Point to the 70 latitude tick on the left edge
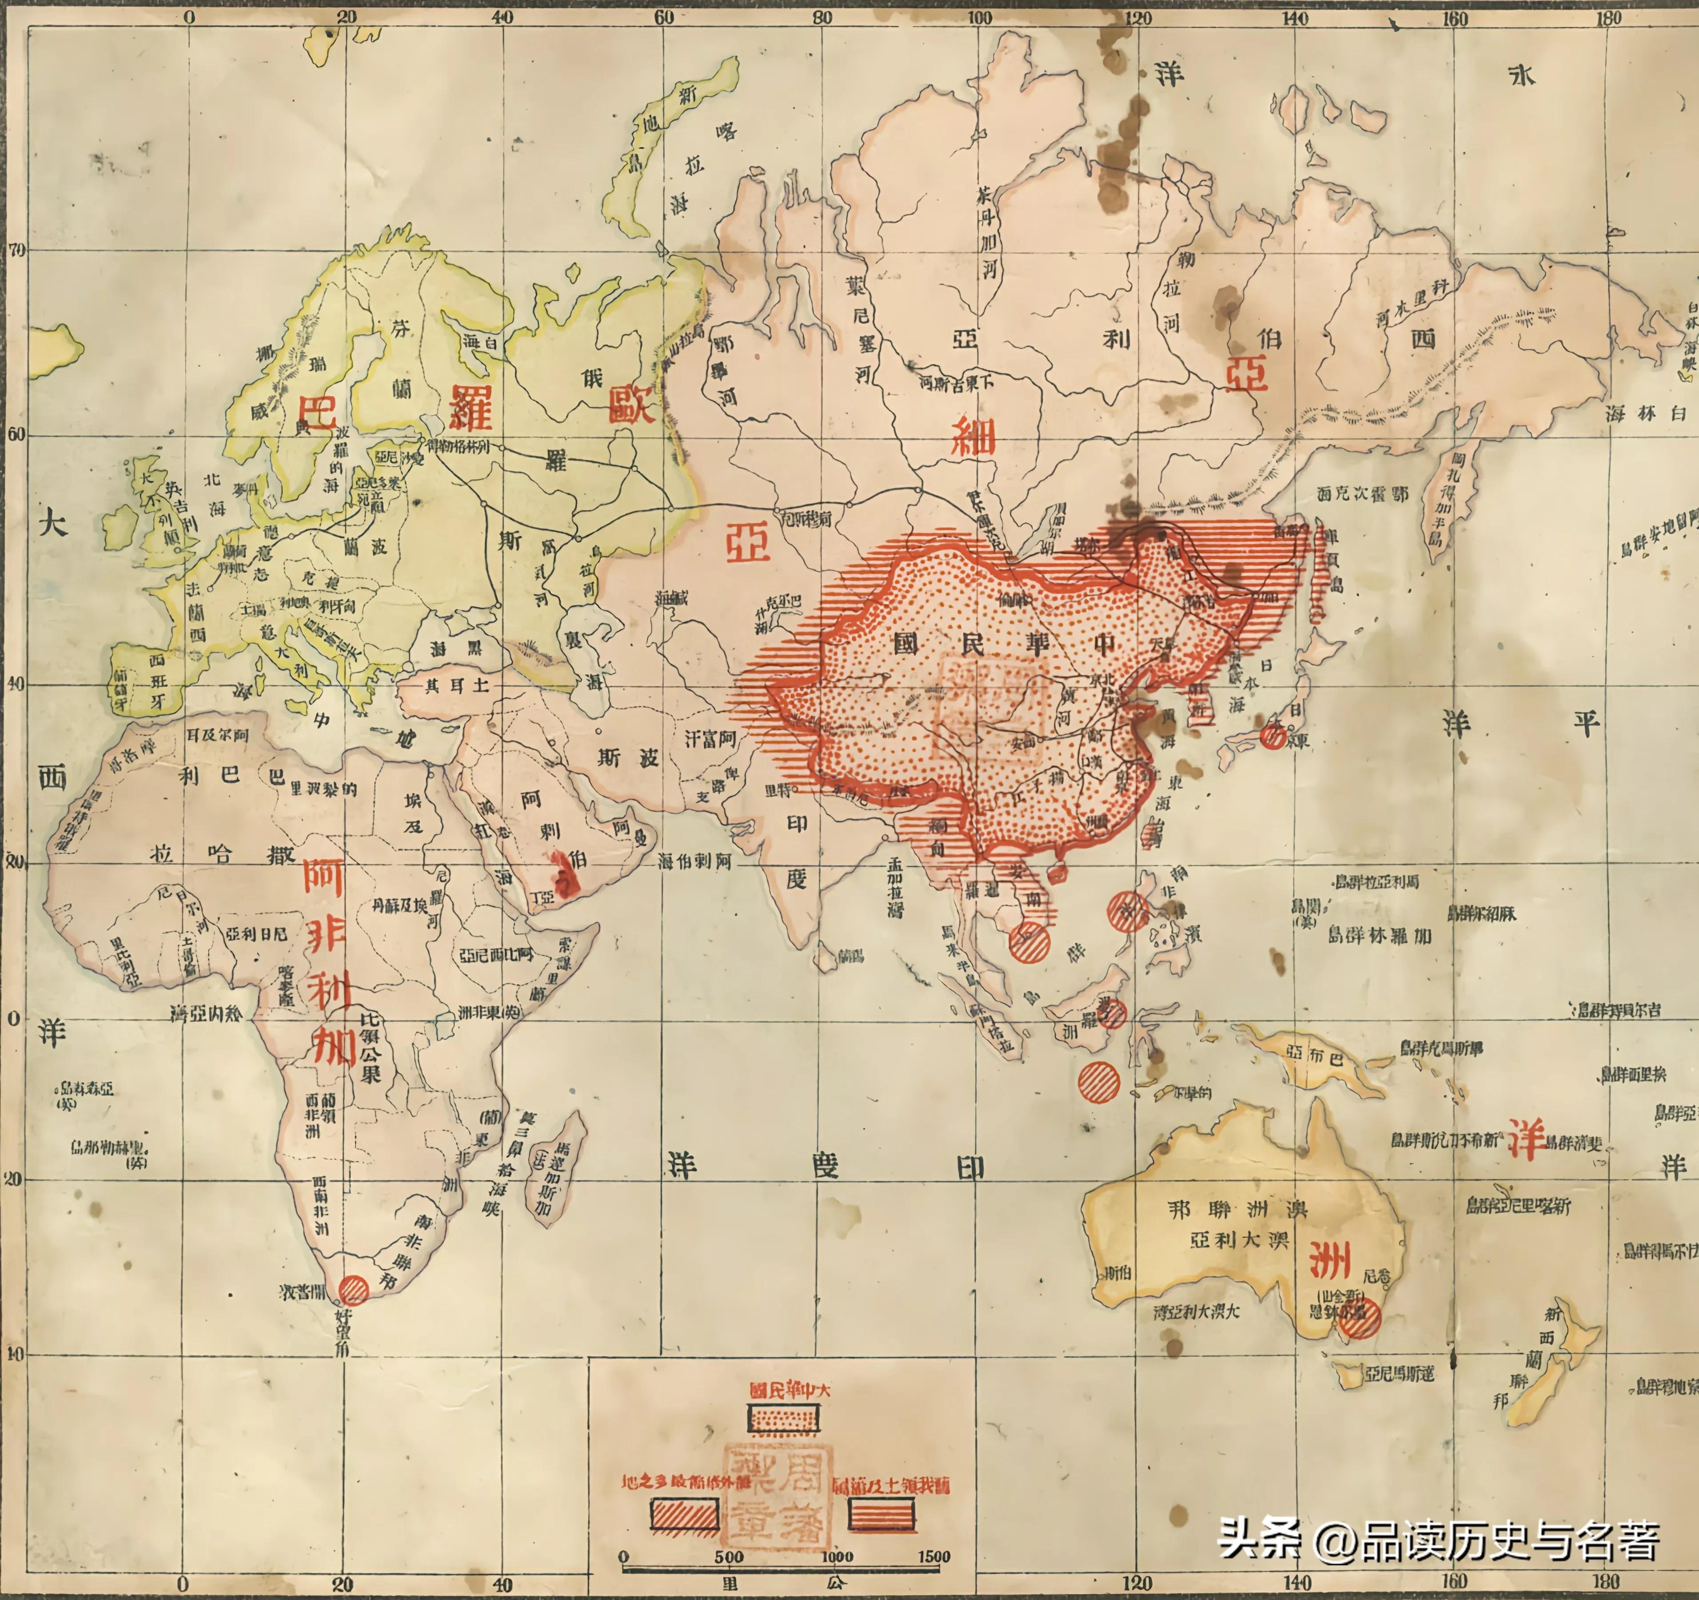pos(17,250)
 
